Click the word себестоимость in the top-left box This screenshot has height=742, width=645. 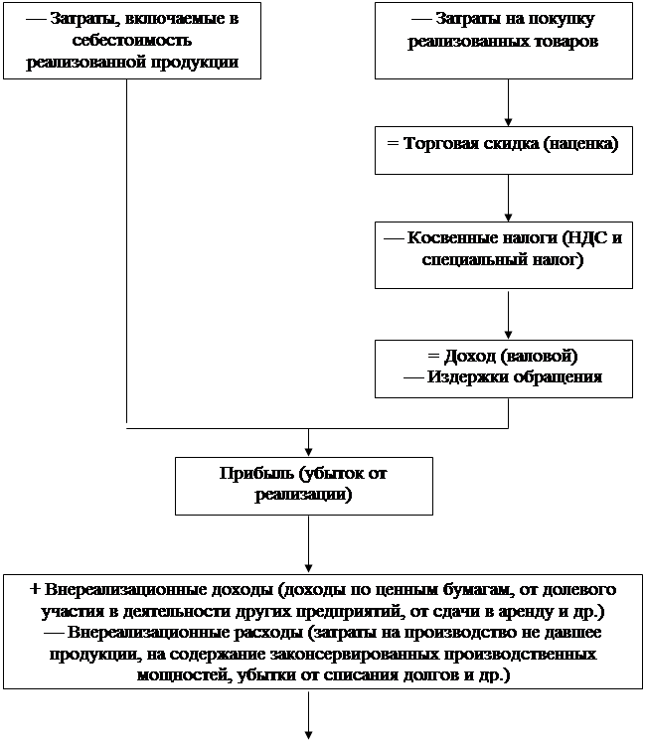(132, 40)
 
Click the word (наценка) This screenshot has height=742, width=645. (580, 144)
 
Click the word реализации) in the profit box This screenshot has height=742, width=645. (303, 495)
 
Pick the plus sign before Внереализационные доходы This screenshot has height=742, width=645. (35, 589)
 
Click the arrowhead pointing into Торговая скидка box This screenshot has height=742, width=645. (508, 122)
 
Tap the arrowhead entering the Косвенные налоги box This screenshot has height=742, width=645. (508, 218)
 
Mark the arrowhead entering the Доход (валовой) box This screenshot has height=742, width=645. (508, 336)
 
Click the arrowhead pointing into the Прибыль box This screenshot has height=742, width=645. (308, 452)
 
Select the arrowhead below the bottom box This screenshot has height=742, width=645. (308, 735)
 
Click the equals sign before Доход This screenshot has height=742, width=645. (433, 356)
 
